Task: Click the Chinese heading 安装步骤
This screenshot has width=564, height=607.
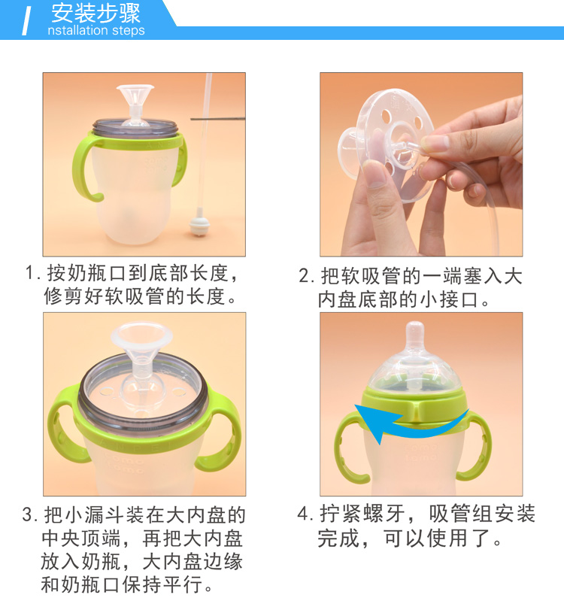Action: pos(96,13)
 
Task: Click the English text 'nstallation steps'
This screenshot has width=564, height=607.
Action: pos(96,30)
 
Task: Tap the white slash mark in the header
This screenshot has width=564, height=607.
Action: pos(26,21)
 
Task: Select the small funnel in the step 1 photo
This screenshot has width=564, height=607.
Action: pos(135,104)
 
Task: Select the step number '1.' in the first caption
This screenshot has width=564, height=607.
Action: pos(32,273)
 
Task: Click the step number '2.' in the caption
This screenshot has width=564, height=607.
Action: pos(306,276)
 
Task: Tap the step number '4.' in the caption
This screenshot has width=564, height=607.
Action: pos(305,514)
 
